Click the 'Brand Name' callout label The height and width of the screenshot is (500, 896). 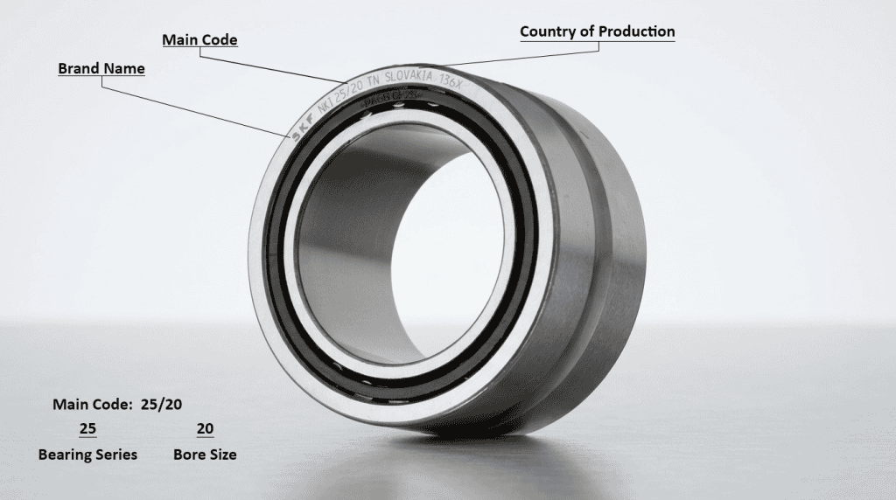(101, 68)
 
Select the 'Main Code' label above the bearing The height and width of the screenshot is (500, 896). (199, 40)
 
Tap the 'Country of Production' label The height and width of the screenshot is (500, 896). (597, 31)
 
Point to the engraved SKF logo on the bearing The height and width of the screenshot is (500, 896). (297, 127)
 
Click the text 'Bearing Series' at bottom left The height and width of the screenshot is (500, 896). (87, 455)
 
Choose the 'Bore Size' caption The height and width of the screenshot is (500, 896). (205, 455)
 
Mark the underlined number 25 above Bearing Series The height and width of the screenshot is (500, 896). (87, 428)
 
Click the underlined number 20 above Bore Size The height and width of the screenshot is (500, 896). (205, 428)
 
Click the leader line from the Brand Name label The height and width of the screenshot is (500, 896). (192, 105)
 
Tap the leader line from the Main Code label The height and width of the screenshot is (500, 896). (271, 66)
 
